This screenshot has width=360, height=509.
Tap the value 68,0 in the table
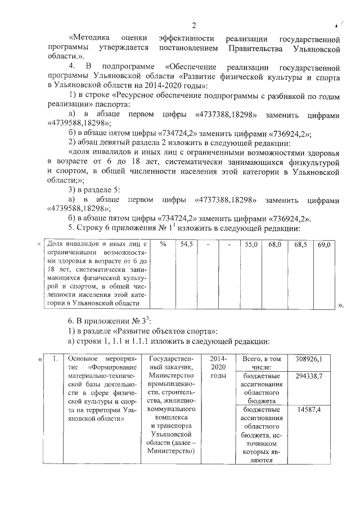pyautogui.click(x=274, y=245)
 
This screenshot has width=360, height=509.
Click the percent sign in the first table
pyautogui.click(x=163, y=245)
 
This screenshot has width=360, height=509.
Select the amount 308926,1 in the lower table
pyautogui.click(x=316, y=358)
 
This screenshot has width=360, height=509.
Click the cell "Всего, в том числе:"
pyautogui.click(x=260, y=363)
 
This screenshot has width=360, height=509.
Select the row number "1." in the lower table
pyautogui.click(x=53, y=358)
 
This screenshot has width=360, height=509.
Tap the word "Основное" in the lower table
pyautogui.click(x=82, y=358)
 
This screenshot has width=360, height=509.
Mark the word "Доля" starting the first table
pyautogui.click(x=54, y=245)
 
